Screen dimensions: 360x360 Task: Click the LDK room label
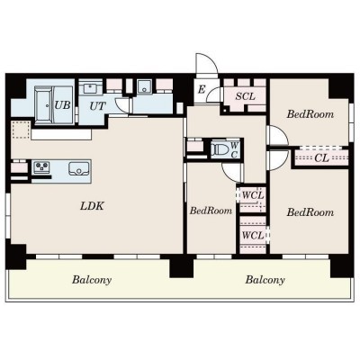pyautogui.click(x=92, y=206)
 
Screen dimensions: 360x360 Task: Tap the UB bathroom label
pyautogui.click(x=62, y=105)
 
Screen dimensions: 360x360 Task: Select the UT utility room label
pyautogui.click(x=98, y=106)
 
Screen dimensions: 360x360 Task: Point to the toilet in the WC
pyautogui.click(x=218, y=148)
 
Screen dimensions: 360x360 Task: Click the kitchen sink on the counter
pyautogui.click(x=78, y=169)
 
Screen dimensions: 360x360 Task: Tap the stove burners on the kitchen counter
pyautogui.click(x=41, y=167)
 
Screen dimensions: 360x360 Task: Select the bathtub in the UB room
pyautogui.click(x=44, y=104)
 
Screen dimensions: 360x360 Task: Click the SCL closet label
pyautogui.click(x=245, y=96)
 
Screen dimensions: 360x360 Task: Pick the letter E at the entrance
pyautogui.click(x=202, y=89)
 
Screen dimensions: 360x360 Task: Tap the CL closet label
pyautogui.click(x=321, y=157)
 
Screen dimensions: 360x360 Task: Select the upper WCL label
pyautogui.click(x=253, y=195)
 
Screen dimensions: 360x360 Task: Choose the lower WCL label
pyautogui.click(x=253, y=236)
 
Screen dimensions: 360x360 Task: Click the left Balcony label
pyautogui.click(x=92, y=280)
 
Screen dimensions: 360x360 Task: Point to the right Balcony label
pyautogui.click(x=265, y=280)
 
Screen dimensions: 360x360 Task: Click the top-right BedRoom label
pyautogui.click(x=310, y=114)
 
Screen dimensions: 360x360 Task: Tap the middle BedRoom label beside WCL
pyautogui.click(x=211, y=211)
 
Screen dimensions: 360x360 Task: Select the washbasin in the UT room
pyautogui.click(x=90, y=88)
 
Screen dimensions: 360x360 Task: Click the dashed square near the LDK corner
pyautogui.click(x=21, y=130)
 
